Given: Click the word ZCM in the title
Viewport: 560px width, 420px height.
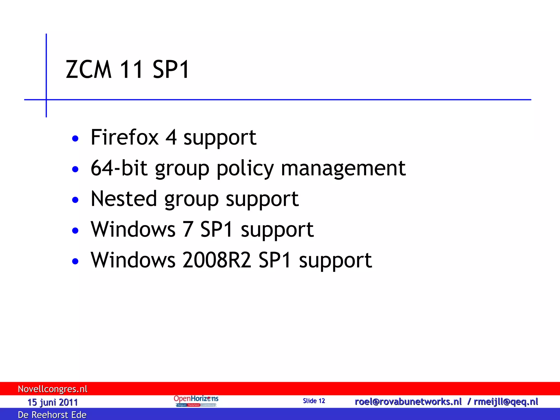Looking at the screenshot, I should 89,69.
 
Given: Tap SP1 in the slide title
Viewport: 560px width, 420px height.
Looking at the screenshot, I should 171,69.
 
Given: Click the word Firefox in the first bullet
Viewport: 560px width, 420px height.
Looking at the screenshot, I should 124,137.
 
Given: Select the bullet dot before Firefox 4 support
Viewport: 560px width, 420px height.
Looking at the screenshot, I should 75,139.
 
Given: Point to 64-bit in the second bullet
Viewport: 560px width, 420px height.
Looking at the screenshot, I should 119,168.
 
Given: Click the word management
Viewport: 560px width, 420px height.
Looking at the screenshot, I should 343,168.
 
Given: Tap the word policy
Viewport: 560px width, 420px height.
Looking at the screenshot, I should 245,169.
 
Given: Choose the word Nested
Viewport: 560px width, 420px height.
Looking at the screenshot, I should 124,199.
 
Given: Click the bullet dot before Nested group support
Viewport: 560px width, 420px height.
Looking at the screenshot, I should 75,200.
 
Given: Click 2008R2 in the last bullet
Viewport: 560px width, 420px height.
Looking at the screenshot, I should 217,260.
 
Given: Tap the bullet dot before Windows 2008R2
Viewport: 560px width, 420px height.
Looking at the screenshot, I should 75,261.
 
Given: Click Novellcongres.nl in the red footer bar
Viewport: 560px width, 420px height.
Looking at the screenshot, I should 52,389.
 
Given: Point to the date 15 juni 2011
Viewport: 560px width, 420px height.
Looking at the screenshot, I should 52,402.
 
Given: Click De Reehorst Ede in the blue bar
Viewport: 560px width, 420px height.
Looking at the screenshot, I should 52,415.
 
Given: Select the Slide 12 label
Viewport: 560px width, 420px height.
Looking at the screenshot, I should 314,401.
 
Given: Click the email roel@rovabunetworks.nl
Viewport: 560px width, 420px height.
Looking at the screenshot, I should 408,402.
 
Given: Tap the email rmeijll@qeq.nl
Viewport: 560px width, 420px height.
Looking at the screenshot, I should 506,402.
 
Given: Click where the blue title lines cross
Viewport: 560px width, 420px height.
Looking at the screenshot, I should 46,100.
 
